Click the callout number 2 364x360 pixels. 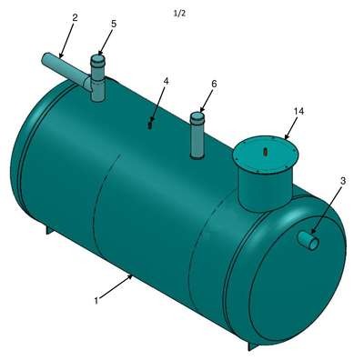(75, 17)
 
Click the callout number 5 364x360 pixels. (114, 24)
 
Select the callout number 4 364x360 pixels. (166, 81)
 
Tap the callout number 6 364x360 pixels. (214, 84)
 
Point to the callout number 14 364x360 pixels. (298, 112)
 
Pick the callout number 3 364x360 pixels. (343, 181)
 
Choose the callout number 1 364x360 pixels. (96, 301)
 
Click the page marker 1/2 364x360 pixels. (179, 14)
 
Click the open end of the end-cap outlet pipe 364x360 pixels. (314, 244)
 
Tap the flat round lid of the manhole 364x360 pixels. (266, 155)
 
